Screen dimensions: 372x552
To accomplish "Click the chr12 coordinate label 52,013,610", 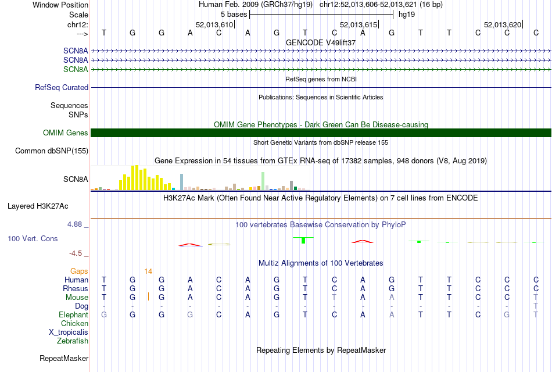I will coord(214,24).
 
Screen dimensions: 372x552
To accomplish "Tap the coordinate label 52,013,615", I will coord(359,24).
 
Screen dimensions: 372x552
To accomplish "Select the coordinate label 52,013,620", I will coord(503,24).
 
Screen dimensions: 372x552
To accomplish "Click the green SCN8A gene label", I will coord(76,70).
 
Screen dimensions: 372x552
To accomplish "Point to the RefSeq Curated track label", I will coord(62,88).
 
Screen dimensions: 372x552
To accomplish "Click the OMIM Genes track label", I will coord(66,133).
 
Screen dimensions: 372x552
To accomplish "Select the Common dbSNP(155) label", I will coord(52,151).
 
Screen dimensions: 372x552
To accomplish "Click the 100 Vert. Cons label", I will coord(33,239).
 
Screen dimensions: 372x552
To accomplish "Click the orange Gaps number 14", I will coord(148,271).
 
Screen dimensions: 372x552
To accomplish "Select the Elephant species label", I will coord(74,314).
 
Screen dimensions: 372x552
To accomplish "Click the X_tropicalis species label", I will coord(69,332).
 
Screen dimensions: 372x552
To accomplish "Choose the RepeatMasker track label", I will coord(64,358).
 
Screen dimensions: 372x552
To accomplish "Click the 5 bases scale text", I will coord(234,13).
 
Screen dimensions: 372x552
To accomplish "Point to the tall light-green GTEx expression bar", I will coord(263,180).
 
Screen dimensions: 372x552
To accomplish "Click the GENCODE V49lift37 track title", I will coord(321,42).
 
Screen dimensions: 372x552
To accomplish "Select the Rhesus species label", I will coord(76,288).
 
